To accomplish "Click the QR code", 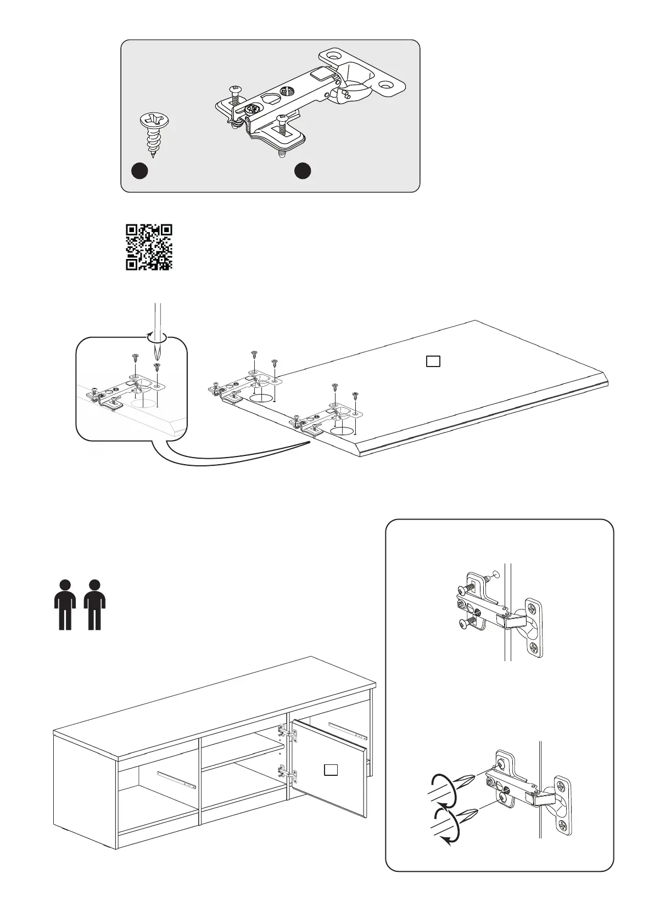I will coord(149,247).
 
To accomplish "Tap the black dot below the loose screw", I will coord(140,171).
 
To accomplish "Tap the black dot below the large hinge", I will coord(303,171).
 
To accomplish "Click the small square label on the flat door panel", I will coord(433,361).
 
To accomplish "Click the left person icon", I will coord(65,604).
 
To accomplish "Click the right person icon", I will coord(95,604).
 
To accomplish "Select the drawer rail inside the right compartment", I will coord(348,729).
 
